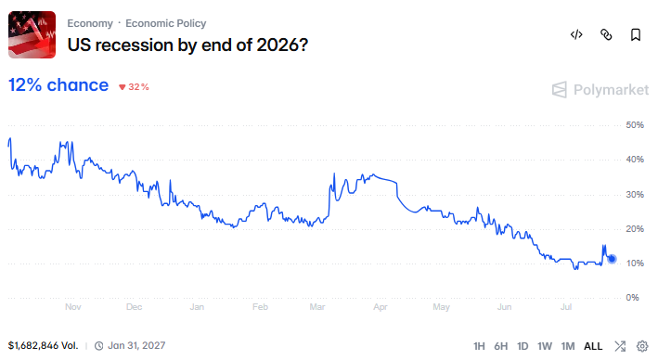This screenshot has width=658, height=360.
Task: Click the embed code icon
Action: click(x=576, y=34)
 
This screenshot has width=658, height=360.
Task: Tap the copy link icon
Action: click(x=606, y=34)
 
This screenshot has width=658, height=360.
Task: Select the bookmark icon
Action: click(x=636, y=34)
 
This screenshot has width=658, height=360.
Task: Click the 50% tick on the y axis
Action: click(x=635, y=125)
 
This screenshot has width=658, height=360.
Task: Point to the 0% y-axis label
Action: click(x=632, y=298)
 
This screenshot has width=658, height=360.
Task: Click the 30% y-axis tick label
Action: click(x=635, y=194)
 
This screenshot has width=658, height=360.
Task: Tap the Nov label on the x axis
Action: click(x=73, y=307)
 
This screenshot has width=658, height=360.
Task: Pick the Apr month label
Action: click(x=381, y=307)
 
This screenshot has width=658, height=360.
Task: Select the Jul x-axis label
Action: click(x=566, y=307)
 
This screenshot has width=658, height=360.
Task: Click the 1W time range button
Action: click(x=545, y=346)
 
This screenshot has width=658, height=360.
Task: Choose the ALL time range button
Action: click(x=593, y=346)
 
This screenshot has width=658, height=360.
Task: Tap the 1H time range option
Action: click(x=479, y=346)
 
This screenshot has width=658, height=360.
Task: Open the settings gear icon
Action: click(x=642, y=346)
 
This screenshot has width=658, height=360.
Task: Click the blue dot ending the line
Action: click(x=612, y=259)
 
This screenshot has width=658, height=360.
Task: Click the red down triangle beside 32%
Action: click(x=123, y=87)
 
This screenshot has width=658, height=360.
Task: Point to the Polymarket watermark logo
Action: click(x=559, y=89)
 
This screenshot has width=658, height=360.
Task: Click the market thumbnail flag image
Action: click(x=32, y=35)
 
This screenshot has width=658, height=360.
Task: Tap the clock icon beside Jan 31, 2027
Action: click(x=98, y=346)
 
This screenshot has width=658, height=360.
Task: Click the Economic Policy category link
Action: click(x=166, y=23)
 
